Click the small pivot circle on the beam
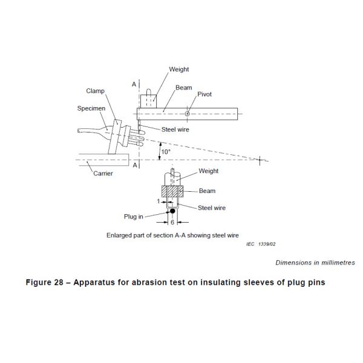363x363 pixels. coord(188,113)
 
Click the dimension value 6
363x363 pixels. coord(172,222)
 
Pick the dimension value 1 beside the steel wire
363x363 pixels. coord(157,201)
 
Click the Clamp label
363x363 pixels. coord(95,91)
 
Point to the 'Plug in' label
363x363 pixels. coord(134,216)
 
